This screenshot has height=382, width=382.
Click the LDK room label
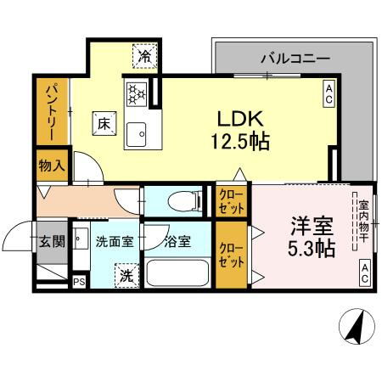click(240, 119)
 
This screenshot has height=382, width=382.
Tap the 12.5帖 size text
click(240, 141)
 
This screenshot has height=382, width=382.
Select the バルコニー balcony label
click(295, 59)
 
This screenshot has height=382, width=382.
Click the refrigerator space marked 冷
click(145, 56)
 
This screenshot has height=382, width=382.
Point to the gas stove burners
click(137, 94)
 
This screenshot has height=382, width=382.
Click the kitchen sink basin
click(136, 134)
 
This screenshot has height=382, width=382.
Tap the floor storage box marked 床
click(104, 123)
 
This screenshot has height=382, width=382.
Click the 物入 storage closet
click(53, 166)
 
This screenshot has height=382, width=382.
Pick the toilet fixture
click(184, 201)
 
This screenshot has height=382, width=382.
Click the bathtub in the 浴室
click(177, 273)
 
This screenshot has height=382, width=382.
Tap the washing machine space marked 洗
click(126, 276)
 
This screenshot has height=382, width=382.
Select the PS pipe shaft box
click(79, 282)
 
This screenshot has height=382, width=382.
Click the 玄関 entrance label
click(53, 242)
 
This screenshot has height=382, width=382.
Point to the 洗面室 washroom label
click(115, 242)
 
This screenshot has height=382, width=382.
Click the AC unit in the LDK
click(329, 94)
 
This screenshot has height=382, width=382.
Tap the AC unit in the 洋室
click(365, 272)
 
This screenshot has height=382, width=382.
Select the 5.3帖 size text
click(312, 248)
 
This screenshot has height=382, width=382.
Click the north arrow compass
click(357, 326)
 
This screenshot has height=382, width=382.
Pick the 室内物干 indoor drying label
click(364, 222)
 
